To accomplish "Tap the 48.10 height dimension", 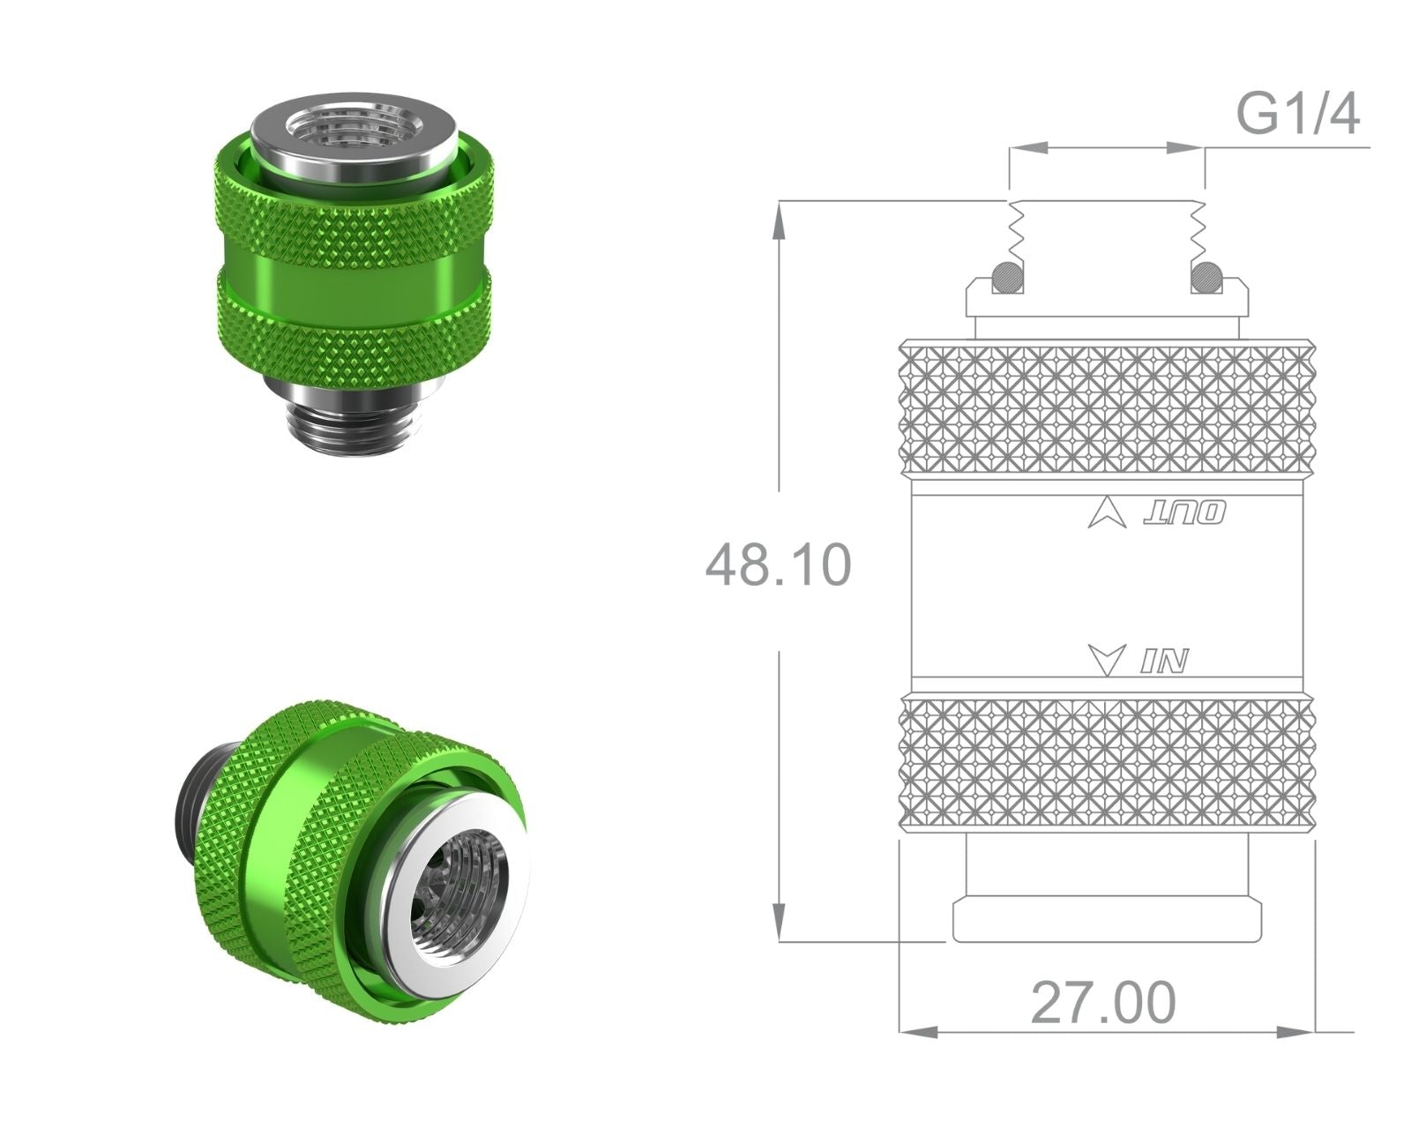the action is (x=779, y=564).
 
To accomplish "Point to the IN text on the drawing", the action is (x=1164, y=661).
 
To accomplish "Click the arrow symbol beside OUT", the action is (x=1108, y=513).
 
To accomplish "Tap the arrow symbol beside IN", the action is (x=1108, y=660).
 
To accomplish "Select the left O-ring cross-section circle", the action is (x=1008, y=277).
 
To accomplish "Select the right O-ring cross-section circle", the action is (x=1207, y=277).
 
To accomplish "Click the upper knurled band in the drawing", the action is (x=1107, y=408).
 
